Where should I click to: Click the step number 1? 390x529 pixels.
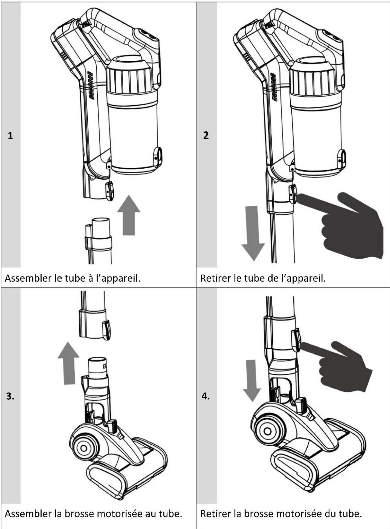(x=10, y=136)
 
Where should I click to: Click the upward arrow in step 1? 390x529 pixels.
(x=129, y=215)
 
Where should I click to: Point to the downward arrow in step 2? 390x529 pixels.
(x=253, y=233)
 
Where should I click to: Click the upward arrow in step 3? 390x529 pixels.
(x=69, y=363)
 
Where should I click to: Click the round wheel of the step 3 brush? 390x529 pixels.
(x=84, y=448)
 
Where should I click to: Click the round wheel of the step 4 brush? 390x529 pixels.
(x=267, y=431)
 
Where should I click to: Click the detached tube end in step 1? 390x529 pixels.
(x=99, y=240)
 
